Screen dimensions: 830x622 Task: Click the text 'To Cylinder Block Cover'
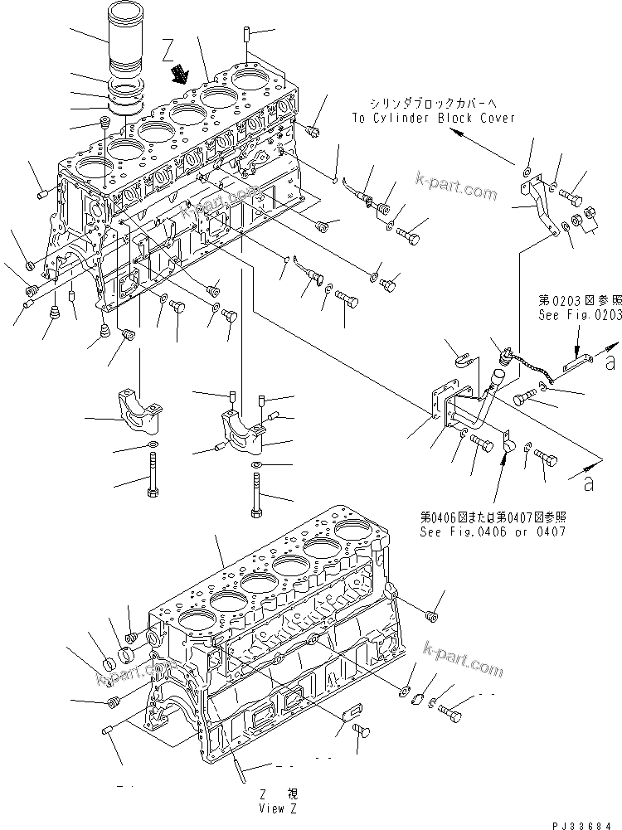[433, 118]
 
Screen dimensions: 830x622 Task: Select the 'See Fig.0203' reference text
[577, 314]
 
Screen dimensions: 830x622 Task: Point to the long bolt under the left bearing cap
[153, 476]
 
